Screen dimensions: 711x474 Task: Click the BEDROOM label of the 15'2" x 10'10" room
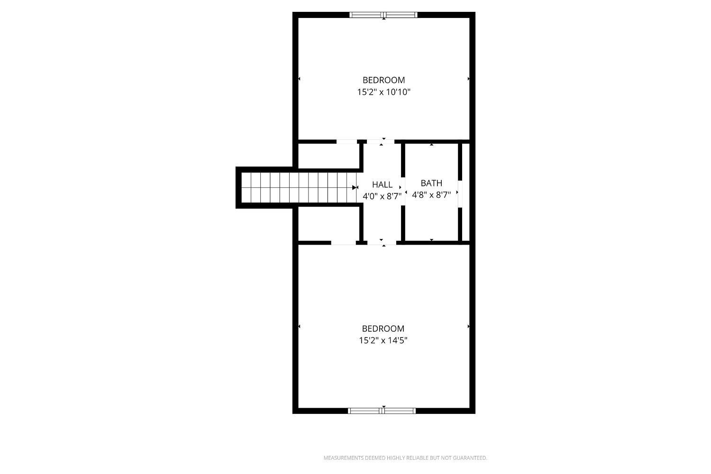384,80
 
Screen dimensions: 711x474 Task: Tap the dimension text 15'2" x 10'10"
384,92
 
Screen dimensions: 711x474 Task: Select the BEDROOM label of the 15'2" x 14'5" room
383,328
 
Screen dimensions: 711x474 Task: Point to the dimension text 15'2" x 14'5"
383,341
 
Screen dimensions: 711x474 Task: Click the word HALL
382,184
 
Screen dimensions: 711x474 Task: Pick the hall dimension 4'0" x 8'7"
382,196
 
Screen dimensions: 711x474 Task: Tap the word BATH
431,183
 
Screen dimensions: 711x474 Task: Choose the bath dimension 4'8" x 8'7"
431,195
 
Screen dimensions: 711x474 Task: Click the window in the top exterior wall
383,15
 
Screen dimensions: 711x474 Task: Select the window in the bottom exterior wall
382,411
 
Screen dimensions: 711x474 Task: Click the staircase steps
299,187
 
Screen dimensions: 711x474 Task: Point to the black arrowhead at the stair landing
354,188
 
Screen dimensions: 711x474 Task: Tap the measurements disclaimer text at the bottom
405,458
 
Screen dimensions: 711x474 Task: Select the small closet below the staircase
328,224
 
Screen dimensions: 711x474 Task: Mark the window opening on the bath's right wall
460,194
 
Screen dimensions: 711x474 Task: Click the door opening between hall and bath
403,191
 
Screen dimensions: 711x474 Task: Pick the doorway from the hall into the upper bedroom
381,142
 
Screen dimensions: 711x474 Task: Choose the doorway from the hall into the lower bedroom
382,243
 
